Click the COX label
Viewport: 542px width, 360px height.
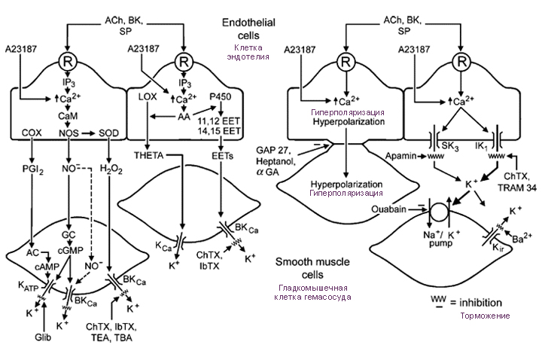pos(32,133)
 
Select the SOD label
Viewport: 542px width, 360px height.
pos(108,133)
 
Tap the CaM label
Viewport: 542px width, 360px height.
pos(68,115)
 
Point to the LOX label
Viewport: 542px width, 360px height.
pos(148,96)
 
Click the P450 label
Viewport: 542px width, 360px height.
pos(220,96)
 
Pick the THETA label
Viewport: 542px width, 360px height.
pos(148,156)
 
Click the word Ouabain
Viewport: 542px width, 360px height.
pos(389,209)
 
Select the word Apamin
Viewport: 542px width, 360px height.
pos(401,156)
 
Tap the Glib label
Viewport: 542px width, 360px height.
pos(43,337)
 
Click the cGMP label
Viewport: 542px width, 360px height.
pos(72,250)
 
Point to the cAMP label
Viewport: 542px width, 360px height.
pos(47,267)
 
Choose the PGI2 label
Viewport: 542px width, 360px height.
pos(33,169)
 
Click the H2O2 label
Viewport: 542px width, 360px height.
pos(111,169)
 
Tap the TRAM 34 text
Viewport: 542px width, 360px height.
pos(516,188)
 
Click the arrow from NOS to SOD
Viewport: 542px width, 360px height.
pos(88,133)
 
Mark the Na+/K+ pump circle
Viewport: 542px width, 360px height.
pos(439,209)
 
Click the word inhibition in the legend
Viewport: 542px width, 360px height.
pos(480,303)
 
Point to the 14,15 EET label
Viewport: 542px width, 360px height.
pos(219,131)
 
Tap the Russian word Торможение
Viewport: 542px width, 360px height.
pos(485,316)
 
